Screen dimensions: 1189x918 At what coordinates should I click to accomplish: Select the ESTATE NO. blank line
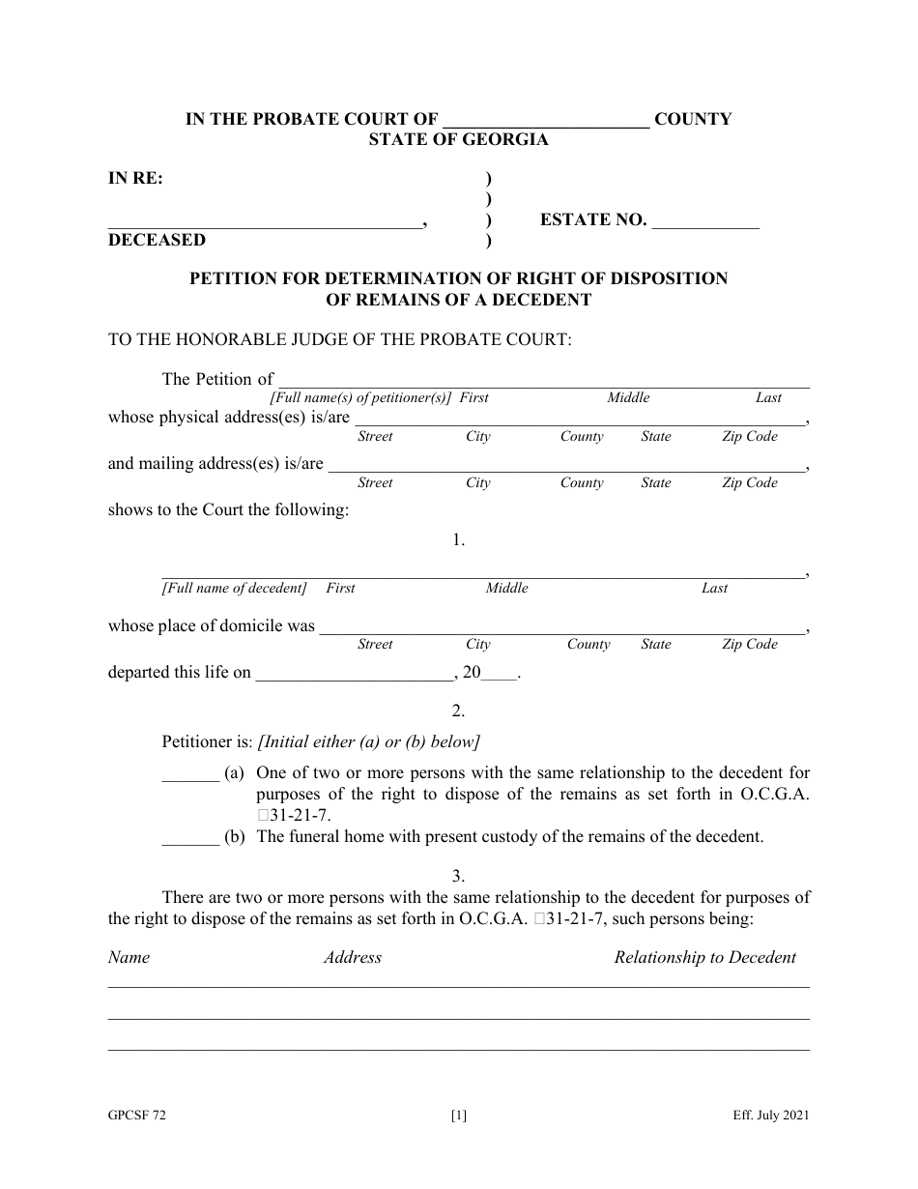705,222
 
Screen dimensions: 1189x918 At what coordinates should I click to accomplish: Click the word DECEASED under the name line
157,240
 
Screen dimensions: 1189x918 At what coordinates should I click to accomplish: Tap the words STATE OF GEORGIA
458,139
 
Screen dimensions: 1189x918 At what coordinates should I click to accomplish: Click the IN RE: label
135,178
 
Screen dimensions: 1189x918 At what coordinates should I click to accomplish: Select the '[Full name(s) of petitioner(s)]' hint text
360,398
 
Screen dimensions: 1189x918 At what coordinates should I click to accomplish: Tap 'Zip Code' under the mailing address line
749,483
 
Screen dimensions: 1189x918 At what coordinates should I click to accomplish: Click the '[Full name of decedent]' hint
234,589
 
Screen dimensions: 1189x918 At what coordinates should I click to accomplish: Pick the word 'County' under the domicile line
588,645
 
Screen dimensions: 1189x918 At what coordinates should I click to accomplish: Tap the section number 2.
459,711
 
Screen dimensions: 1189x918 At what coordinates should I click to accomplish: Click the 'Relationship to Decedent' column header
704,958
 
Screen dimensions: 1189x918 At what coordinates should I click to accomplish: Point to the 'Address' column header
353,958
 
